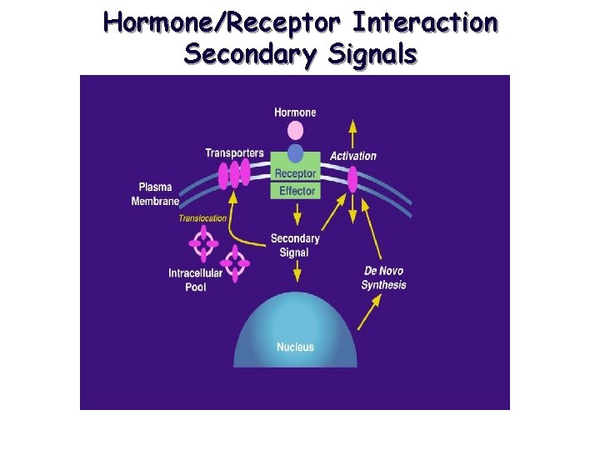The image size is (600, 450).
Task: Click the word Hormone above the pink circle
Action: tap(295, 112)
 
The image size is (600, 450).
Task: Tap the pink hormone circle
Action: tap(295, 130)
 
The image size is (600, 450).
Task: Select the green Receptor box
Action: tap(295, 173)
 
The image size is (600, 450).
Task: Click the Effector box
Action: tap(297, 191)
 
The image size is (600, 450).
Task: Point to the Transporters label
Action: tap(234, 152)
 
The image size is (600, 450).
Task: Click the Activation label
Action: tap(353, 156)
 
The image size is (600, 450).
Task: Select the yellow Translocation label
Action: tap(202, 218)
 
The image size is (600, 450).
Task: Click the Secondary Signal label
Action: tap(295, 245)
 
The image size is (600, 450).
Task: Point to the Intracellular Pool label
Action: tap(195, 279)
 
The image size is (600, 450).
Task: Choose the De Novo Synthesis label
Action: tap(384, 277)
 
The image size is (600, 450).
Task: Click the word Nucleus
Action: tap(295, 346)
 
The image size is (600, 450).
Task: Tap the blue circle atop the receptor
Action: tap(296, 152)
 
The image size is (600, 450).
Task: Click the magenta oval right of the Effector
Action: tap(352, 178)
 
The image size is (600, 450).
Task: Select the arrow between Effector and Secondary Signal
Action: tap(296, 215)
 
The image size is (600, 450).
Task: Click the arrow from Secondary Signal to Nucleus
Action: tap(296, 271)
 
